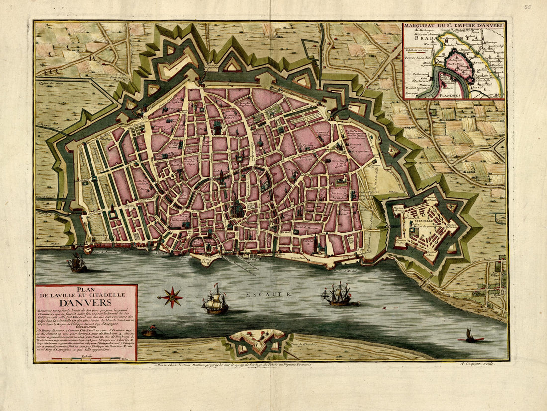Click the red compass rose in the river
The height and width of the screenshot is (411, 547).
coord(172,297)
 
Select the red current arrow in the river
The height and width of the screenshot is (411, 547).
coord(390,308)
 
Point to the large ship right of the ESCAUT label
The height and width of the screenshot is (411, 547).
coord(338,294)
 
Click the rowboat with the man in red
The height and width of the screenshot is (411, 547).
coord(148,331)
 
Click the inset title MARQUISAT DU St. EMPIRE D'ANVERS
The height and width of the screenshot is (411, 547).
coord(454,26)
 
